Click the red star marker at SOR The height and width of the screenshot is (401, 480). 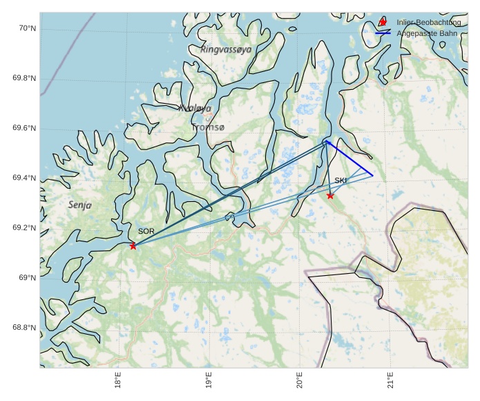tap(133, 245)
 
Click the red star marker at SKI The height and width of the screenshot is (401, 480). tap(330, 196)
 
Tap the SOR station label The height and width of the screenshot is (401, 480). tap(146, 231)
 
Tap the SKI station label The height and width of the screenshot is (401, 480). tap(340, 180)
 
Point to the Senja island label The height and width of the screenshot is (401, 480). tap(79, 205)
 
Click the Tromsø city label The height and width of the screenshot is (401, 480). tap(208, 128)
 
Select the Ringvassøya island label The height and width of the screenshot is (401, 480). tap(226, 50)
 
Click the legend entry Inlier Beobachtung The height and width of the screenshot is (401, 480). tap(429, 23)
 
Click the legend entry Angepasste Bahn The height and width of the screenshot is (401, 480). tap(426, 33)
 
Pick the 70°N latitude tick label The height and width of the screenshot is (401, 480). tap(27, 28)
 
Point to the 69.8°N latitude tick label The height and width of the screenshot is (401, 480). tap(24, 78)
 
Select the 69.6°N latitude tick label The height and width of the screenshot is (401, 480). tap(24, 129)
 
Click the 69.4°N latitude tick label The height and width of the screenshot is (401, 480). tap(24, 178)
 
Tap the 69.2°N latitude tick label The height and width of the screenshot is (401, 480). tap(24, 228)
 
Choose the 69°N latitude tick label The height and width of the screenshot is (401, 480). tap(27, 278)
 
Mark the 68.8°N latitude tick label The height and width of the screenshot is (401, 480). tap(24, 328)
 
